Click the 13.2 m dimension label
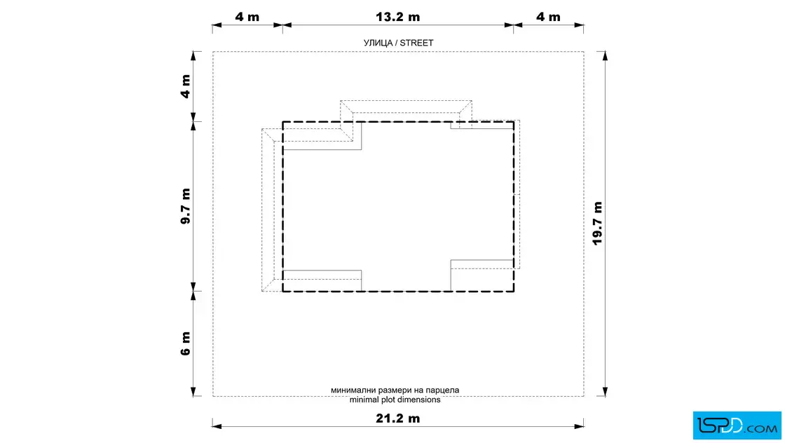[398, 17]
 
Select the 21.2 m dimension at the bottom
[398, 418]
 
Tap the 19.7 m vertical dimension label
[597, 223]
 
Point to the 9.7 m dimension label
[186, 206]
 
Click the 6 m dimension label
[186, 343]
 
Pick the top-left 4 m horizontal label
[247, 17]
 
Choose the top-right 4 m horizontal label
[548, 17]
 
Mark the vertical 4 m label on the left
[186, 86]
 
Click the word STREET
[416, 43]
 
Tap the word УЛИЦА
[378, 43]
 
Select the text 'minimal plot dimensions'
[395, 400]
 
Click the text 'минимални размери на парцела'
[395, 390]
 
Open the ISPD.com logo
[737, 425]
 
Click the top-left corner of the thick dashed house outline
[283, 122]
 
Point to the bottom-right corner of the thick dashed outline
[514, 291]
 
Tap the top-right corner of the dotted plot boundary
[584, 52]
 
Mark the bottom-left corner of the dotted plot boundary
[213, 397]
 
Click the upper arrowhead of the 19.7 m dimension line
[606, 55]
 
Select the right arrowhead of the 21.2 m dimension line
[579, 426]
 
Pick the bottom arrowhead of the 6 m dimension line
[193, 391]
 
